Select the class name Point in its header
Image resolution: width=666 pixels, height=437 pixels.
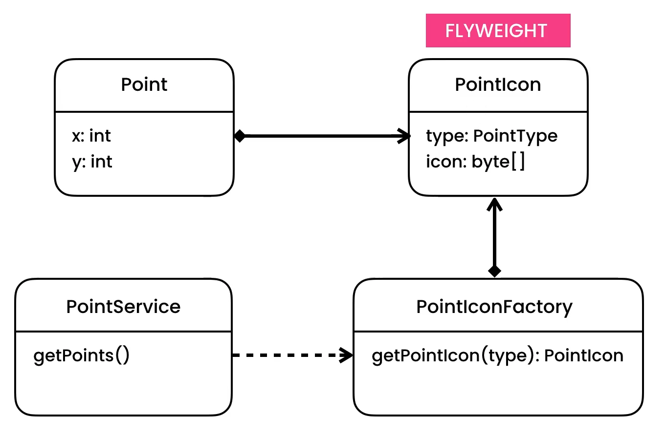click(x=144, y=84)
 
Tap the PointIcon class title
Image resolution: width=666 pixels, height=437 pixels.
click(x=498, y=84)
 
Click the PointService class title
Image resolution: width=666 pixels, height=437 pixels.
click(x=123, y=307)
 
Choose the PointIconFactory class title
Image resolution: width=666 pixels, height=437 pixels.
click(x=494, y=307)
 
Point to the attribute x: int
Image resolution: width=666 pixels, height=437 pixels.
click(x=91, y=136)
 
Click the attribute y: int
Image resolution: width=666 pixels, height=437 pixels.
click(x=92, y=161)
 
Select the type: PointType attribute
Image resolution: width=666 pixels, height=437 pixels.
click(x=491, y=136)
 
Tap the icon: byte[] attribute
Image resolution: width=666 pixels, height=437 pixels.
click(x=475, y=162)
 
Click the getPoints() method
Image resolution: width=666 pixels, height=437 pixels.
click(x=82, y=355)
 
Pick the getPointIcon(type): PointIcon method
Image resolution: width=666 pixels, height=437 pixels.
click(x=497, y=355)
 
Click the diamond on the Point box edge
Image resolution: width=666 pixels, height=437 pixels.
click(x=240, y=136)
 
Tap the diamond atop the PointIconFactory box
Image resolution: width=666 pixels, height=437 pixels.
click(x=494, y=271)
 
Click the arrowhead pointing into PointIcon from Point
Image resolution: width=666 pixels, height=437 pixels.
click(x=405, y=136)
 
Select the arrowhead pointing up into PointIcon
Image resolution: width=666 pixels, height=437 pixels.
click(x=494, y=203)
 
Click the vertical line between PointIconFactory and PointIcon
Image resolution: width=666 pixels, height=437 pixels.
click(x=494, y=237)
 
